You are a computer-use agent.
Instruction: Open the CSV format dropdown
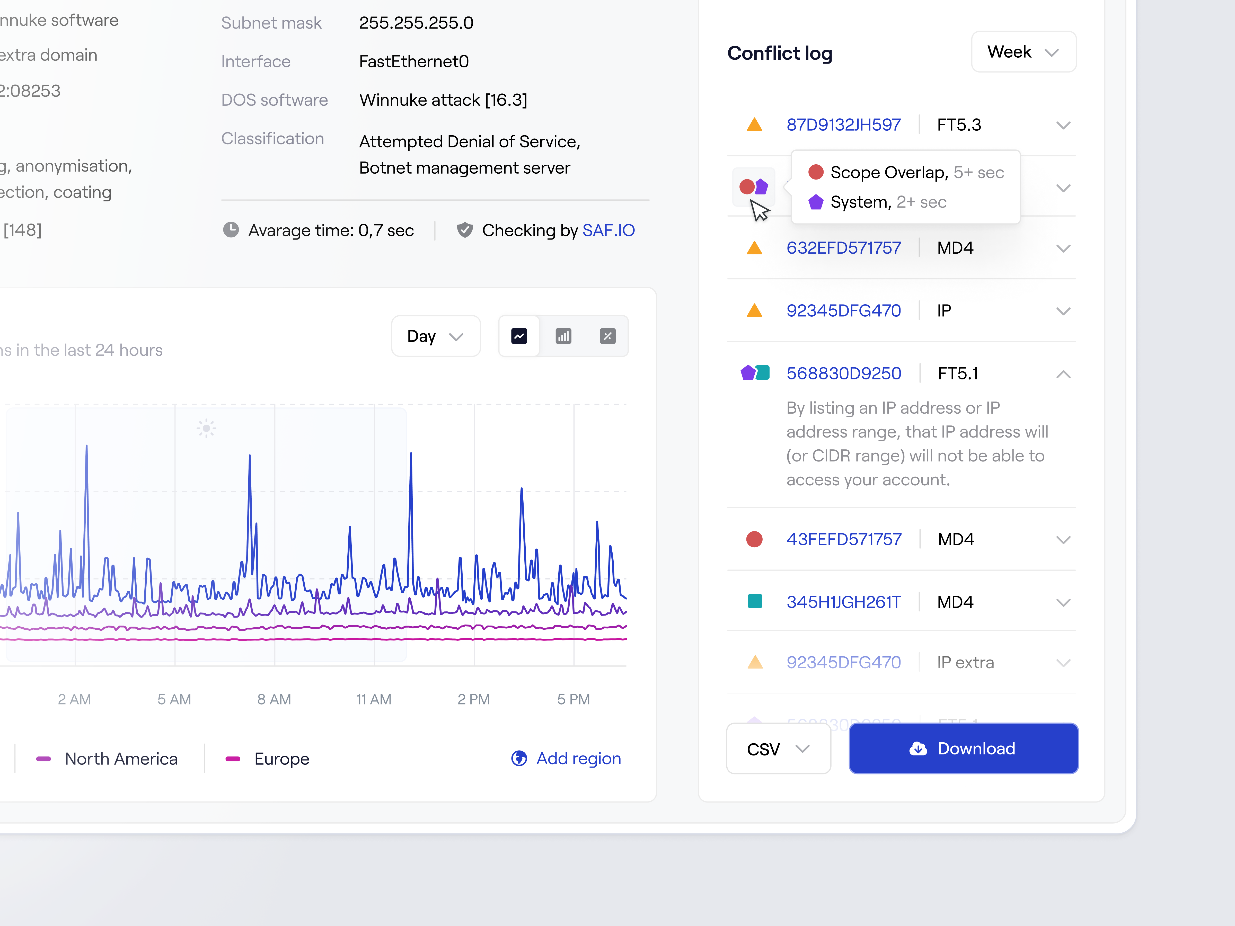(778, 749)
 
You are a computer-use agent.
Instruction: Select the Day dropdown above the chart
(436, 336)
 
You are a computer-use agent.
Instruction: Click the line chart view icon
(519, 336)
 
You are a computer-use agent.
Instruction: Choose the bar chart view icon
(563, 336)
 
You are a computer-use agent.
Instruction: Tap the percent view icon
(607, 336)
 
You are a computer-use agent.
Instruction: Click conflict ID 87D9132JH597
(843, 124)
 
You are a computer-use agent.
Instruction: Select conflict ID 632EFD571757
(843, 248)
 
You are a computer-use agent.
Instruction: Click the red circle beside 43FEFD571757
(754, 539)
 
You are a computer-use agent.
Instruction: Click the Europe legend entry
(281, 759)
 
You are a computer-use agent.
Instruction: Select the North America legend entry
(121, 759)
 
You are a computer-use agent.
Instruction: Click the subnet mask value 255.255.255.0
(416, 23)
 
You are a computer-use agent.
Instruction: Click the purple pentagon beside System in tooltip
(816, 202)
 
